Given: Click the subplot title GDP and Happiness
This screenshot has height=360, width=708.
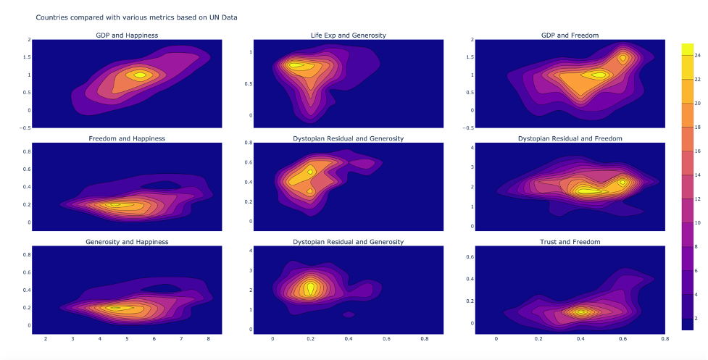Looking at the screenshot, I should point(127,35).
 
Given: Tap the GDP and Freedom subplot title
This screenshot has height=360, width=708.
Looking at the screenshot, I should point(570,35).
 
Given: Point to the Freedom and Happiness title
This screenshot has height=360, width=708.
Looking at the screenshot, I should point(127,138).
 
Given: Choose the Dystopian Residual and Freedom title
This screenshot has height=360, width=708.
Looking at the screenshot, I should point(570,138).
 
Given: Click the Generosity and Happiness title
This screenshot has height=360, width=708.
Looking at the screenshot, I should point(127,242).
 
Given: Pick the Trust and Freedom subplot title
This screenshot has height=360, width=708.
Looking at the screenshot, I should point(570,242).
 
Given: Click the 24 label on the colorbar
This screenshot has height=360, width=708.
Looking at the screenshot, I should point(697,55).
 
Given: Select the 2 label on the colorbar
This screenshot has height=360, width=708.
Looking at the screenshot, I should point(696,318).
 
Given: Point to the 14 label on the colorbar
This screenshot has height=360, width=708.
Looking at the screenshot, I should point(697,175).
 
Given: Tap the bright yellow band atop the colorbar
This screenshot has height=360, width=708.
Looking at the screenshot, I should point(687,49).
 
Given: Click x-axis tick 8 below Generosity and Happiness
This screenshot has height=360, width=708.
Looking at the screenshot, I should point(209,338).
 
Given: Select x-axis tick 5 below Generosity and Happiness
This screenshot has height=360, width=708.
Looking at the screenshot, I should point(127,338).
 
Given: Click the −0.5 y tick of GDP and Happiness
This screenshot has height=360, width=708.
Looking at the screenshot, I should point(26,127).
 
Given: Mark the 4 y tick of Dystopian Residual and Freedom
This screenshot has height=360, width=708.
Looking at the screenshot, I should point(472,147).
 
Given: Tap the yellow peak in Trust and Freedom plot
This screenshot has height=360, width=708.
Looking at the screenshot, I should point(581,312).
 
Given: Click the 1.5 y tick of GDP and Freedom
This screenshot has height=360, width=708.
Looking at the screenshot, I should point(470,57).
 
